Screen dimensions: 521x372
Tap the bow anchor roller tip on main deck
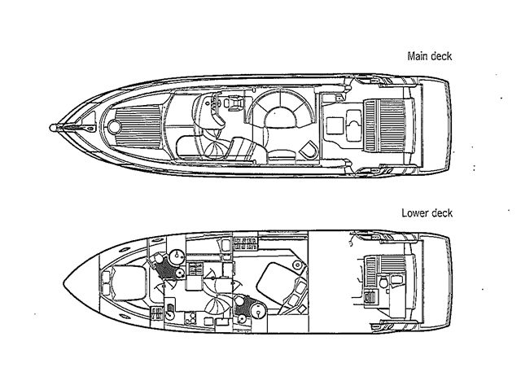52,128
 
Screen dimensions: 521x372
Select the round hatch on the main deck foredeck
114,127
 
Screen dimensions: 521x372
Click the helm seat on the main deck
235,101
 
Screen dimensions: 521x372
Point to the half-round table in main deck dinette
280,117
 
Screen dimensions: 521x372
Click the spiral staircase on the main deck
216,148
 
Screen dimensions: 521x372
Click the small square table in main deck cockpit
335,126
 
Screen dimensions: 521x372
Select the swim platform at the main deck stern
435,125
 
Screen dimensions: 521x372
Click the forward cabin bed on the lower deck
129,283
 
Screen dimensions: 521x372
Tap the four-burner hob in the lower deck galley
190,318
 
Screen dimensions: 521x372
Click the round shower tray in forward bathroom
177,256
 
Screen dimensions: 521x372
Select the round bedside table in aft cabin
297,265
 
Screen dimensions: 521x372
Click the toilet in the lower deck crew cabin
383,282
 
